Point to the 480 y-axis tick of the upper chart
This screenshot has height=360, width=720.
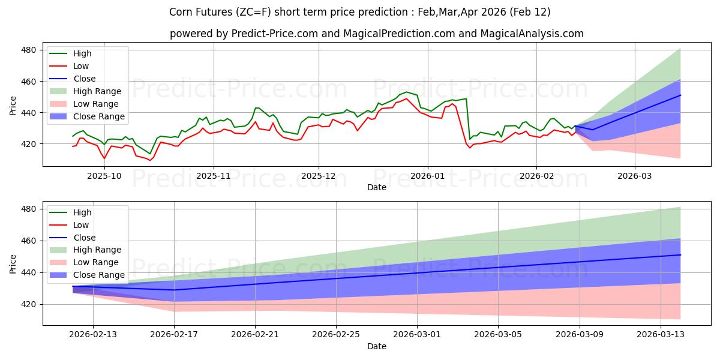coord(29,50)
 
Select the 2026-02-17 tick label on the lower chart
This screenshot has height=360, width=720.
coord(174,335)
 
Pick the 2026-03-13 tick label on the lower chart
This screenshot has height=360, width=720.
coord(661,335)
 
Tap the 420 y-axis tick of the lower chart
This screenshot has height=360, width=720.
coord(29,304)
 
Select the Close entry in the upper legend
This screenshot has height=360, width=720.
coord(84,79)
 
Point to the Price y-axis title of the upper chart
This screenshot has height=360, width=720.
coord(13,105)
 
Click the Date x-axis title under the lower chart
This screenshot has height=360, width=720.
coord(377,347)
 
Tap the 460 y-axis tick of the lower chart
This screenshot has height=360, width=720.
coord(29,241)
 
